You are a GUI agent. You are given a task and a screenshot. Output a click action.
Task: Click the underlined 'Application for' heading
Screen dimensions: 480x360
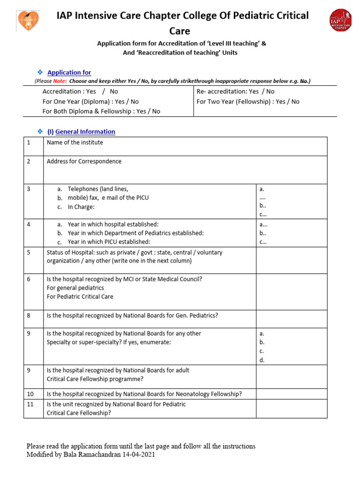(69, 72)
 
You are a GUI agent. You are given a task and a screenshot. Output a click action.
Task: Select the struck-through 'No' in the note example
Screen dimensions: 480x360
(304, 81)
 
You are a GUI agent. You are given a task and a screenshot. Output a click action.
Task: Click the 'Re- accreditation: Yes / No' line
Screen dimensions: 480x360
(235, 91)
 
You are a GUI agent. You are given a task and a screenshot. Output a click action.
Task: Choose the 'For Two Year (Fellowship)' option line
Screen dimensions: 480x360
(247, 101)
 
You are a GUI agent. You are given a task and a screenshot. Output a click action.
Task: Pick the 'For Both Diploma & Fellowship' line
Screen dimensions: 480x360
(101, 111)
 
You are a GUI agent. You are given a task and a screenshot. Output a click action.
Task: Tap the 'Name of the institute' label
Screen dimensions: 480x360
(75, 142)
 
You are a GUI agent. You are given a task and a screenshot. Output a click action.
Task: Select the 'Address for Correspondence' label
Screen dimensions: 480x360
(84, 161)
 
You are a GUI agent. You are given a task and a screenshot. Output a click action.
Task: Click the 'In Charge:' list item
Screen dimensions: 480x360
(81, 207)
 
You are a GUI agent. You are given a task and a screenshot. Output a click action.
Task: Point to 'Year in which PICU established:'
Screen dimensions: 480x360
(109, 242)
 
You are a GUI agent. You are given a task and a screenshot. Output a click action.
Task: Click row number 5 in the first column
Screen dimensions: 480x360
(29, 252)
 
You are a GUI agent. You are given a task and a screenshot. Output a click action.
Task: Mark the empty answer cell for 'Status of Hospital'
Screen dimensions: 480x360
(291, 261)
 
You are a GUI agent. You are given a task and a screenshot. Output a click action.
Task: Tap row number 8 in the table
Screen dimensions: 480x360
(29, 315)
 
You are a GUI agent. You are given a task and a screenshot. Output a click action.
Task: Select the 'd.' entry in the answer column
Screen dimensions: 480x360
(262, 360)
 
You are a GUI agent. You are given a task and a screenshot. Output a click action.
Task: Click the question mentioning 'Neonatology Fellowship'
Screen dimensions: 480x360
(144, 394)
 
